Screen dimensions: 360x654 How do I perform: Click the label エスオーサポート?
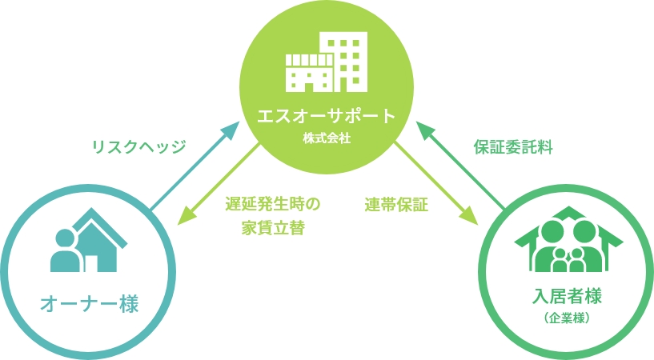(327, 114)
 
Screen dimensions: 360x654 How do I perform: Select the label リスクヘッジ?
(138, 146)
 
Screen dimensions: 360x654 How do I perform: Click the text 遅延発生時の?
(273, 203)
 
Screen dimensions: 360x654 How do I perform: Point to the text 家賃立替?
(273, 227)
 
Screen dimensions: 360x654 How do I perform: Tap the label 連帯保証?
(396, 204)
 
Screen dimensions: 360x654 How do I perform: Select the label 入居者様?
(567, 298)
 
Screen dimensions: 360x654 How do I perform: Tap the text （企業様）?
(567, 318)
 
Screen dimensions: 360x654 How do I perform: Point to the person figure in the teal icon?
(64, 250)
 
